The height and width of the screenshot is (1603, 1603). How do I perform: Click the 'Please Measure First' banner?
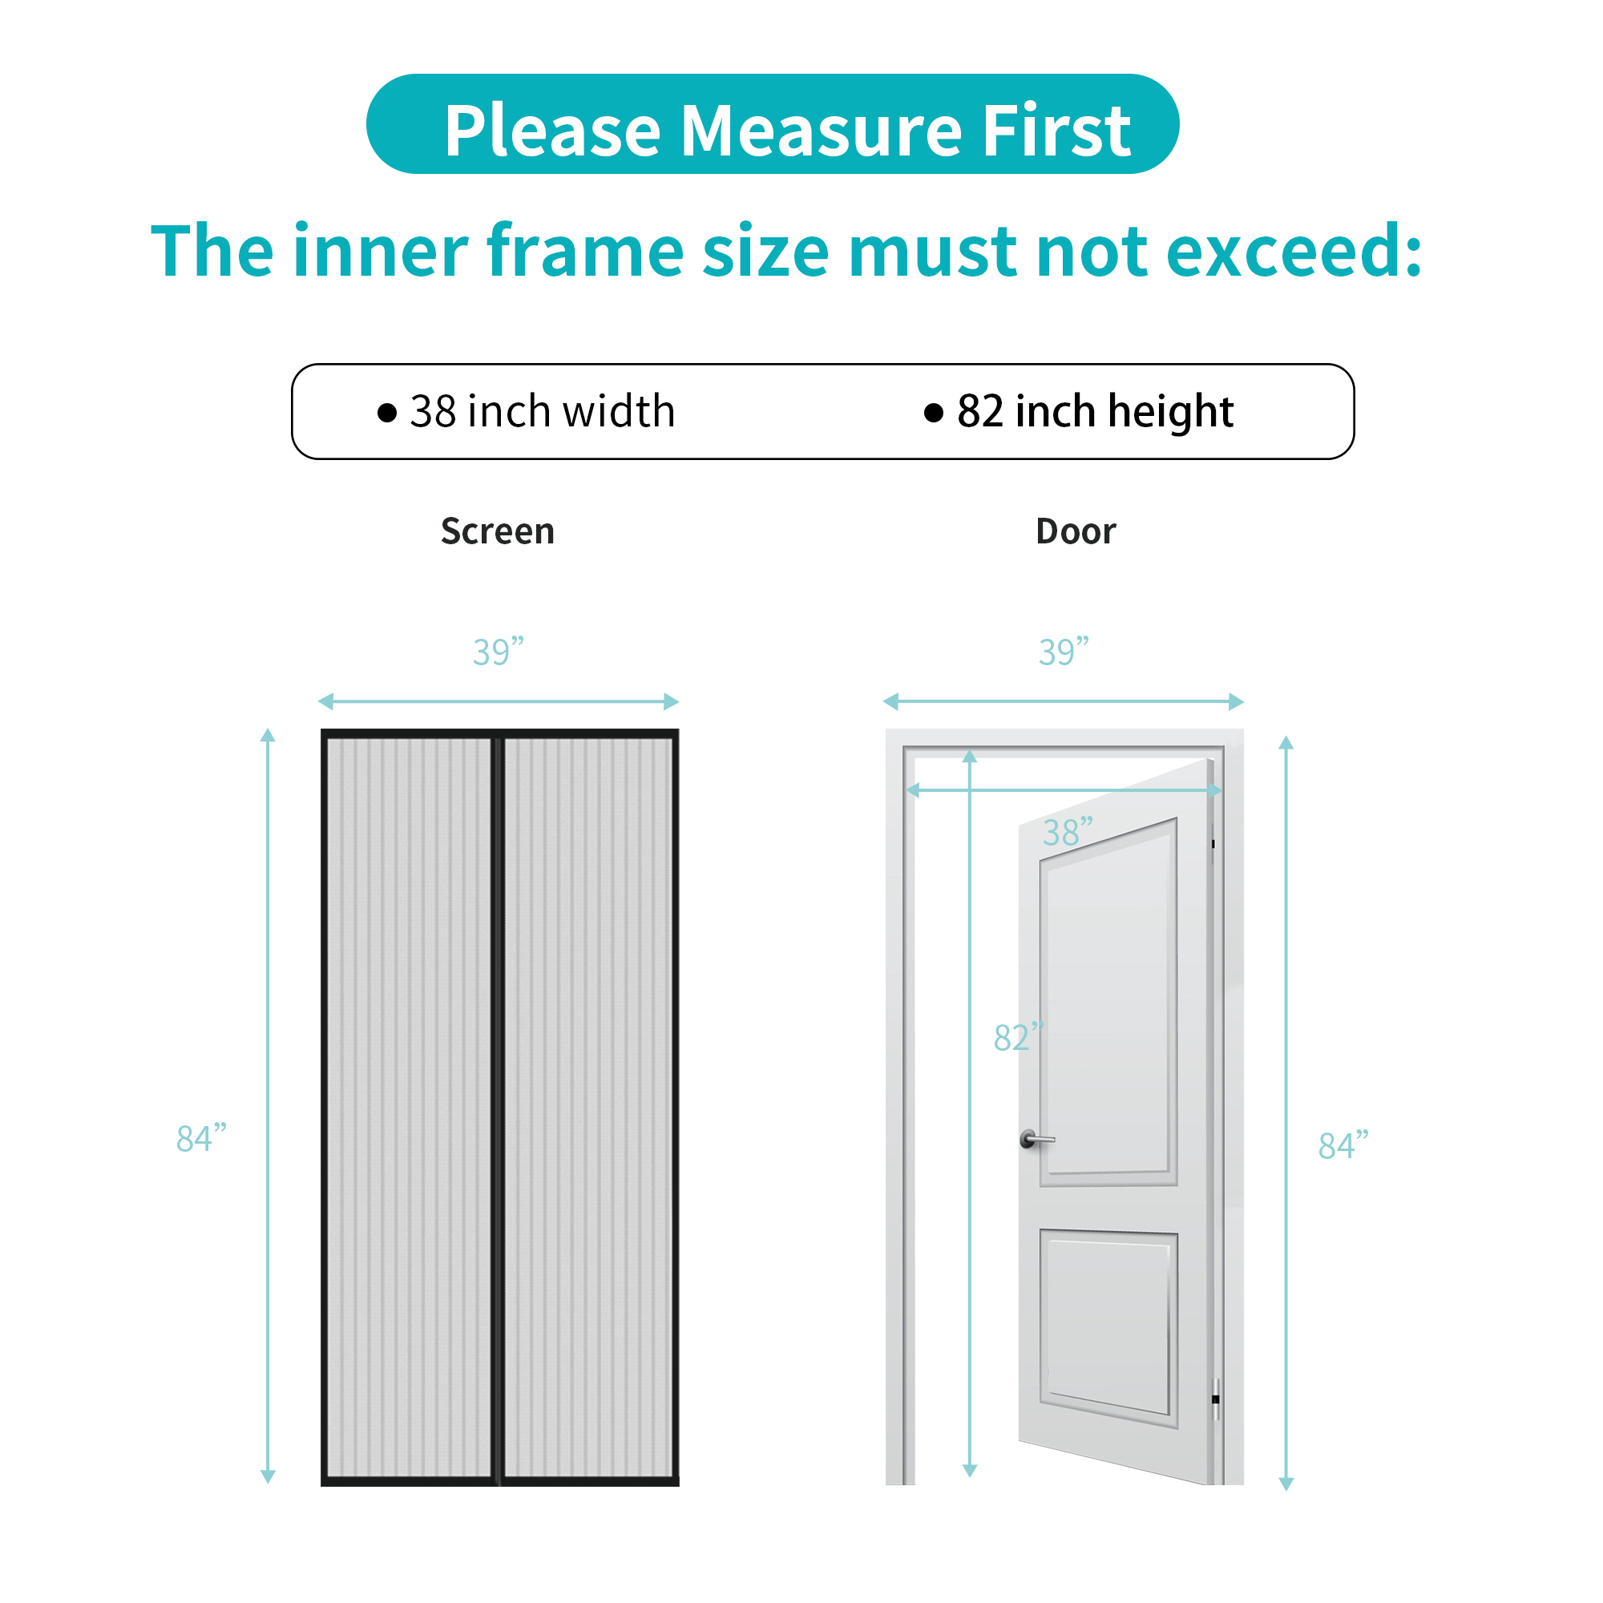click(x=772, y=123)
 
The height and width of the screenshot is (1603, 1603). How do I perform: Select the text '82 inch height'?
click(x=1095, y=412)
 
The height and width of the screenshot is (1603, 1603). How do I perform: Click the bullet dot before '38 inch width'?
click(x=386, y=412)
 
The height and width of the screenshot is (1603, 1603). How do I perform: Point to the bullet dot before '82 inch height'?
click(x=934, y=412)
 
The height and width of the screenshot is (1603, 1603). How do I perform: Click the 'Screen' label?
click(x=498, y=531)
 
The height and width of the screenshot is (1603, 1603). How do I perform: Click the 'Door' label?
click(x=1076, y=531)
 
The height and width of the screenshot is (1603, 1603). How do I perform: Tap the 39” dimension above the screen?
click(x=499, y=652)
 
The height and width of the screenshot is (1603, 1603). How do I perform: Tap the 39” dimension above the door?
click(x=1064, y=652)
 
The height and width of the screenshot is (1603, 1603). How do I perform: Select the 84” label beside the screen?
click(x=202, y=1137)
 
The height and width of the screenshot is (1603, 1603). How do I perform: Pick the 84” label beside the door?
click(x=1343, y=1145)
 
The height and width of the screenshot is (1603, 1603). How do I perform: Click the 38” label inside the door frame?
click(x=1068, y=831)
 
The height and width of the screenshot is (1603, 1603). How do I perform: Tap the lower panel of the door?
click(x=1108, y=1326)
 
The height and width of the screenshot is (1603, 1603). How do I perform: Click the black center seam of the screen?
click(x=498, y=1108)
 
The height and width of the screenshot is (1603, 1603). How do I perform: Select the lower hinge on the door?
click(x=1216, y=1399)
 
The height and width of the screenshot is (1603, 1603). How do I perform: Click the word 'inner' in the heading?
click(x=382, y=251)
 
